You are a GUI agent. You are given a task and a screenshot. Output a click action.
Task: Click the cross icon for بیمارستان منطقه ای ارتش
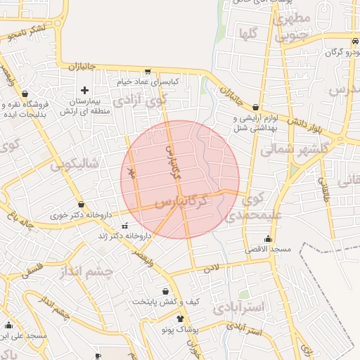pos(85,90)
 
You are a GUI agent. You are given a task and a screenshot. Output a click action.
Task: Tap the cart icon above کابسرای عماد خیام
pos(148,71)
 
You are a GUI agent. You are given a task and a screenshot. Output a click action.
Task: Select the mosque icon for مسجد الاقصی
pos(267,238)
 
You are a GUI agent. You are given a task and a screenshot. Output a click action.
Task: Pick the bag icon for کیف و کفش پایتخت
pos(166,290)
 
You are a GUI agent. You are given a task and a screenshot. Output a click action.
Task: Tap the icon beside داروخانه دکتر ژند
pos(125,226)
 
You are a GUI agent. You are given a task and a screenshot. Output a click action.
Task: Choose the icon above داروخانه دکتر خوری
pos(82,204)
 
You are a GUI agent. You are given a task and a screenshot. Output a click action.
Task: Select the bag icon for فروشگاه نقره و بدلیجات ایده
pos(25,93)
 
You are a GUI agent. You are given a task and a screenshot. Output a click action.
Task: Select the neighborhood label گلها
pos(248,33)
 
